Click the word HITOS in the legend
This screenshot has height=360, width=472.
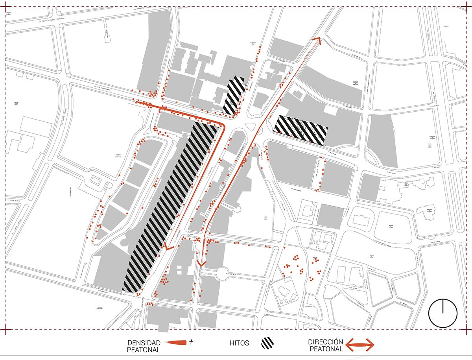coord(240,343)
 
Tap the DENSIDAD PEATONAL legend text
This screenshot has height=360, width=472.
coord(144,345)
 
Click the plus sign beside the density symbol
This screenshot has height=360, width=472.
coord(192,342)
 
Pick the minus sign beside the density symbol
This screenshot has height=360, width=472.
coord(164,341)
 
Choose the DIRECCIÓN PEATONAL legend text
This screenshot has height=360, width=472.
coord(326,345)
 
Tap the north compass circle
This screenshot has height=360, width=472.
coord(442,313)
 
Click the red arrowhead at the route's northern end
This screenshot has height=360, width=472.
coord(317,40)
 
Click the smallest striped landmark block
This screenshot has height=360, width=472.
coord(234,94)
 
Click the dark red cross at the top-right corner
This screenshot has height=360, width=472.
coord(466,7)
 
